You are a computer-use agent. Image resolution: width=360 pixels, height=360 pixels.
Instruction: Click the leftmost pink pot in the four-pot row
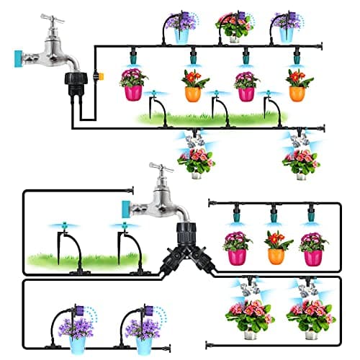(133, 93)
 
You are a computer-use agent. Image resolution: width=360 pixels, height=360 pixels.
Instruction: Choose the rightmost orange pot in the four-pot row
(296, 93)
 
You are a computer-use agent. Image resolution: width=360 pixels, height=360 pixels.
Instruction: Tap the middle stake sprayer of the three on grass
(215, 94)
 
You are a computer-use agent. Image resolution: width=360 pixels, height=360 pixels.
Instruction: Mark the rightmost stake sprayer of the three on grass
(268, 94)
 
